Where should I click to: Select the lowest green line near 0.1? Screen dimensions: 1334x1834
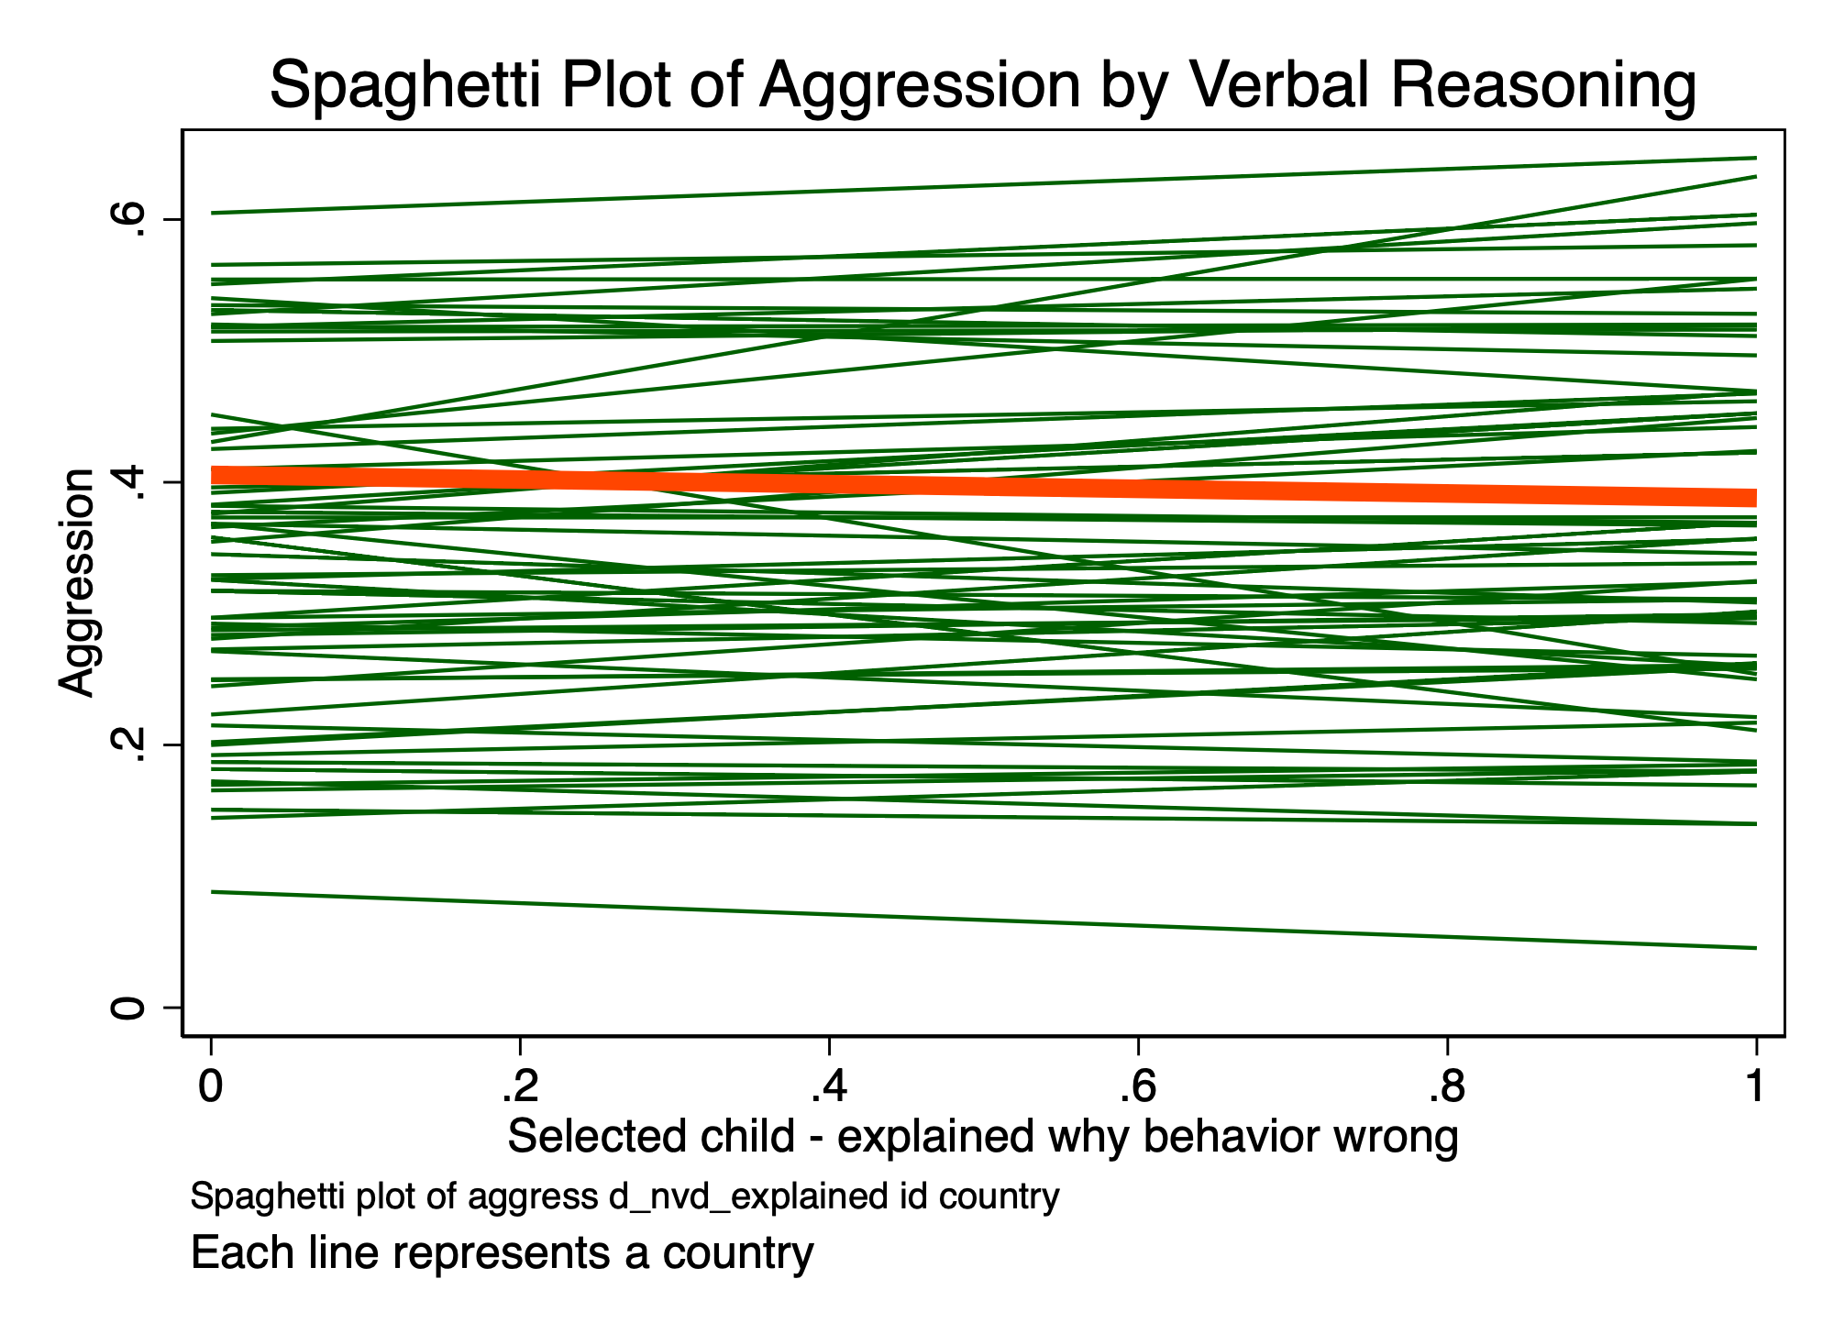click(x=917, y=919)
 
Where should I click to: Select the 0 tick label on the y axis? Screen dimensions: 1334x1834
click(x=128, y=1009)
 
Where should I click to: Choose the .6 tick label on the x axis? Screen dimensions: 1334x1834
click(x=1137, y=1087)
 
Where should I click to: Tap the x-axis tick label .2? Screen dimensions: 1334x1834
click(x=519, y=1087)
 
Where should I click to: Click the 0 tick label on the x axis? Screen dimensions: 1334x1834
click(x=211, y=1087)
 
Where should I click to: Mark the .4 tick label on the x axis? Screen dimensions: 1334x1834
click(x=828, y=1087)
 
